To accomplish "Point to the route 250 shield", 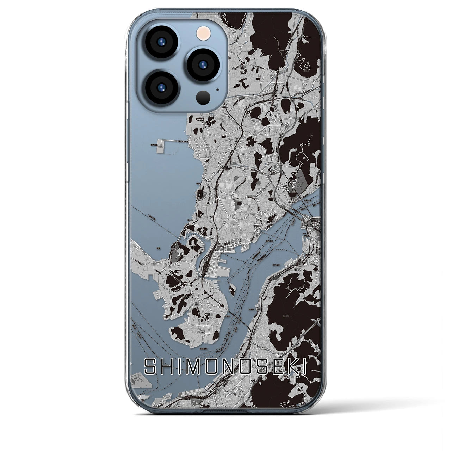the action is click(205, 260).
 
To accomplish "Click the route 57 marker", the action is click(264, 189).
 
